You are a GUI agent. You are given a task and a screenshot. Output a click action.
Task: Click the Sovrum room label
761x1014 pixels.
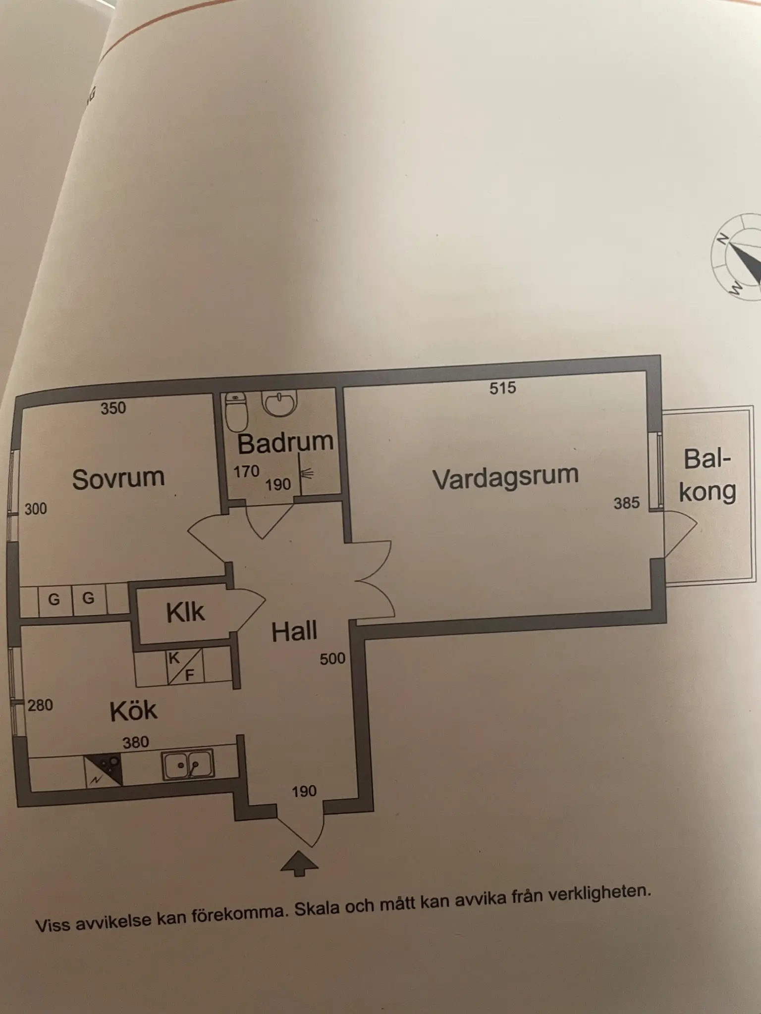tap(118, 479)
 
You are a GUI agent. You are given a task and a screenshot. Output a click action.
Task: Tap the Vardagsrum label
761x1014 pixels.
tap(505, 477)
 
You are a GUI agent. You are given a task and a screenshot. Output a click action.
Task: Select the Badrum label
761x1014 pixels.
tap(285, 443)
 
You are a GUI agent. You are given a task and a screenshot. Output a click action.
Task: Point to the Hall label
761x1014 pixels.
tap(294, 631)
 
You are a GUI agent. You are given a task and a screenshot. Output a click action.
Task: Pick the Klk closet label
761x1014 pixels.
tap(185, 612)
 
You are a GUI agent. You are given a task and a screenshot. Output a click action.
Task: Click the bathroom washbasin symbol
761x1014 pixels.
tap(279, 403)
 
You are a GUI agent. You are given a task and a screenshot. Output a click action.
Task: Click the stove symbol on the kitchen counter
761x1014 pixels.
tap(104, 770)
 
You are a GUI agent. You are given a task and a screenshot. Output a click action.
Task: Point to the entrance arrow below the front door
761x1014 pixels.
tap(299, 863)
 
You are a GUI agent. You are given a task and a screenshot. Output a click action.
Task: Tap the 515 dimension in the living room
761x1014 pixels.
tap(503, 388)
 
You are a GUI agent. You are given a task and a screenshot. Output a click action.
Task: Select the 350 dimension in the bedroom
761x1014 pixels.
tap(113, 408)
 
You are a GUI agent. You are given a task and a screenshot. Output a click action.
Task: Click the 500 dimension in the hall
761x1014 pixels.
tap(332, 659)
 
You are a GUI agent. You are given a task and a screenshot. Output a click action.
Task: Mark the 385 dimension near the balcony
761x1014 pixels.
tap(627, 503)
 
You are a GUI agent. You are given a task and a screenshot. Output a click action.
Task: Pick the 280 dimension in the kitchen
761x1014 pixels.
tap(40, 705)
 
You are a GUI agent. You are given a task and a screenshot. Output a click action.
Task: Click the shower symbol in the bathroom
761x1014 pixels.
tap(306, 474)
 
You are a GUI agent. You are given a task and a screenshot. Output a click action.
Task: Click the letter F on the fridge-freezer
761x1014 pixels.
tap(189, 674)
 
